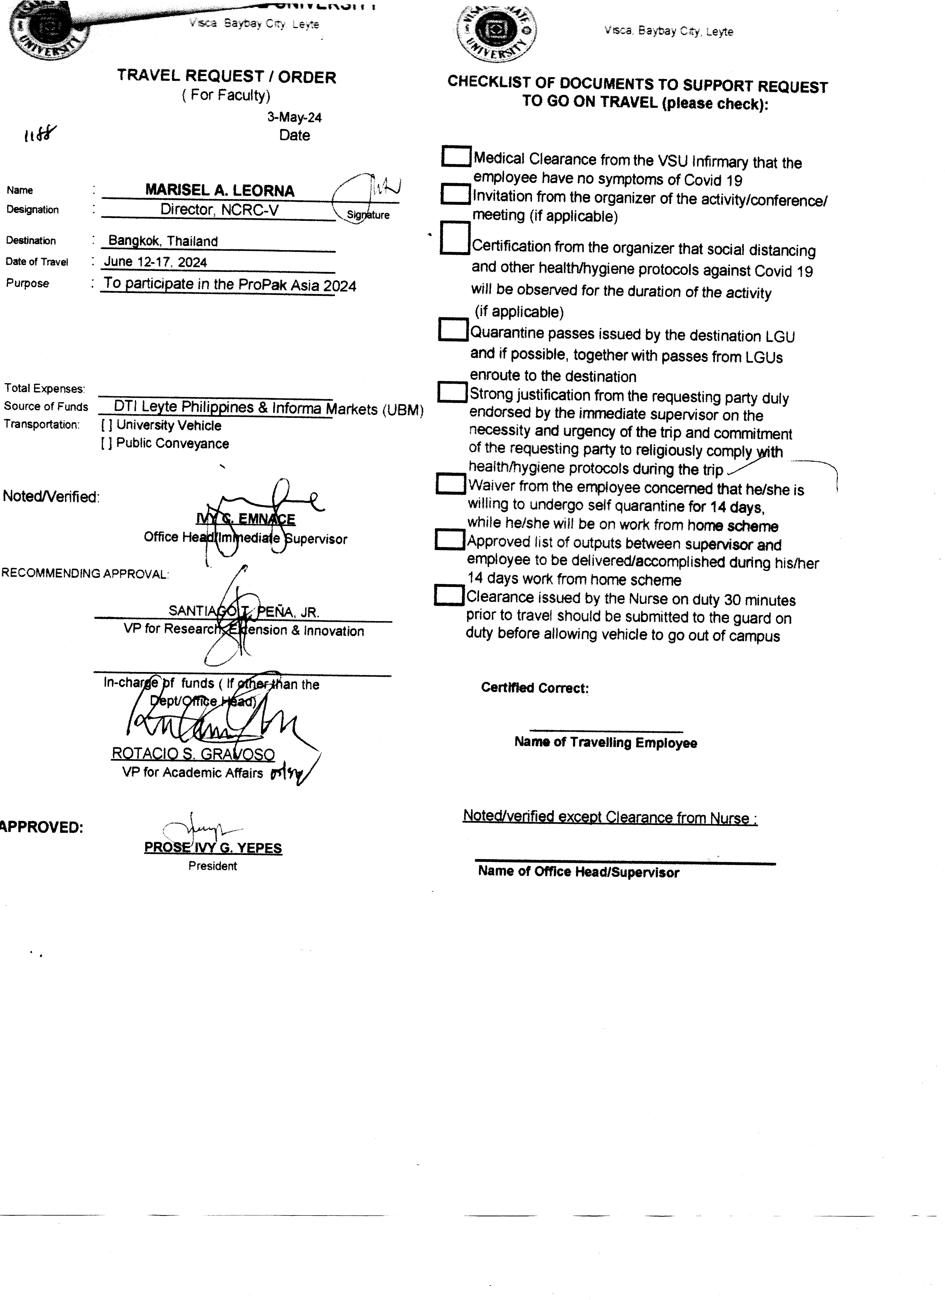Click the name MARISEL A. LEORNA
220,190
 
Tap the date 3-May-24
294,117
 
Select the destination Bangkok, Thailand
163,241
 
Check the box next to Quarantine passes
453,329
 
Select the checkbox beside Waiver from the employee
451,483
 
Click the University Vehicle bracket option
107,425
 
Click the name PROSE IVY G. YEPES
213,848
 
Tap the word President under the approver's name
212,866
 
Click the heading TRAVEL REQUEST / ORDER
227,76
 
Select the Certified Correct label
534,688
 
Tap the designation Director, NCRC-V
219,210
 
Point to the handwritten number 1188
40,135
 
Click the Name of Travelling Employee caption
606,742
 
